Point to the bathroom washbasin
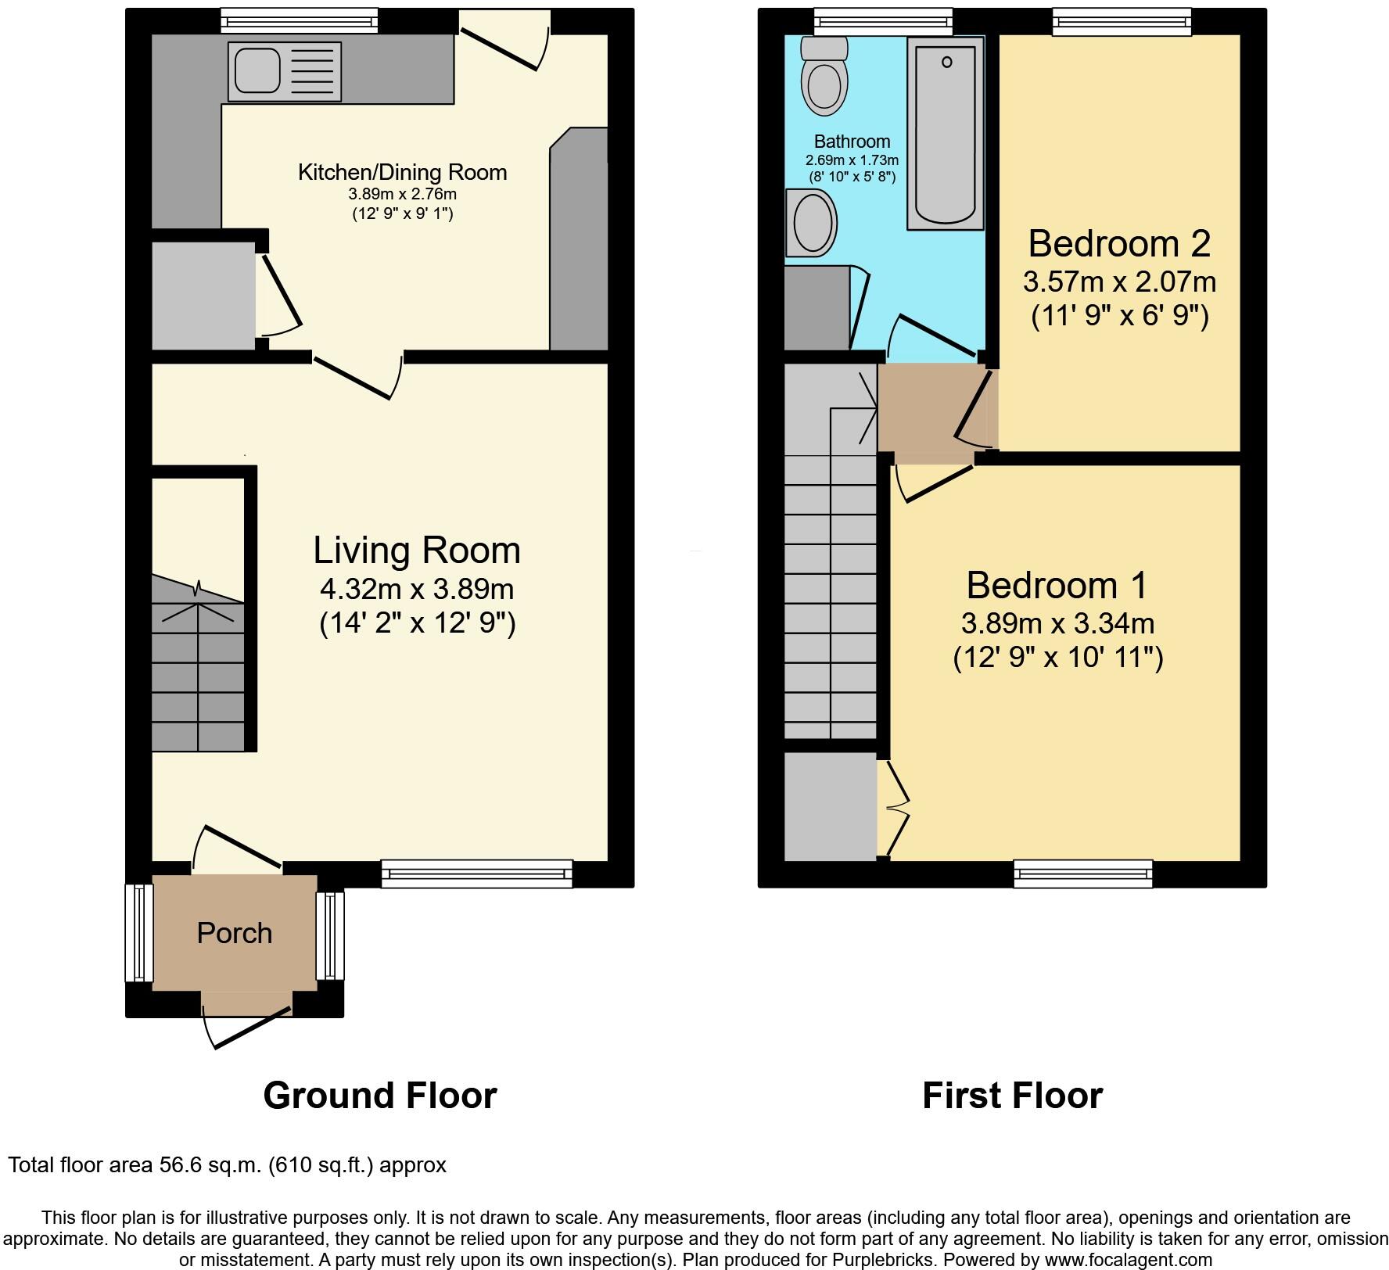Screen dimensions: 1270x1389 tap(813, 223)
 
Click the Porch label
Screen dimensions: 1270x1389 tap(234, 933)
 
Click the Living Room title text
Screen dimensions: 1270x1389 tap(417, 550)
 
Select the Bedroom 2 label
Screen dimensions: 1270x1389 tap(1119, 243)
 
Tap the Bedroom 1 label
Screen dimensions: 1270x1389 tap(1057, 585)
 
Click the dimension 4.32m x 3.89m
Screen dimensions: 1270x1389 tap(417, 588)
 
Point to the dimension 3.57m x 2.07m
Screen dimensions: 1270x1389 tap(1119, 282)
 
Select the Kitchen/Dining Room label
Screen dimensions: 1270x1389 tap(402, 172)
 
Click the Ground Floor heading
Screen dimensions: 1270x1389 tap(380, 1096)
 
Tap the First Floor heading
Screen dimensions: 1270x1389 tap(1012, 1096)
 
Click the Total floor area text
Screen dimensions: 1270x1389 tap(227, 1165)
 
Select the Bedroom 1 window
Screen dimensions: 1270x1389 tap(1083, 874)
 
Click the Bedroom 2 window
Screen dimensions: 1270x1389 tap(1122, 22)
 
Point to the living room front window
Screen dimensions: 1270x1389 tap(477, 874)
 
